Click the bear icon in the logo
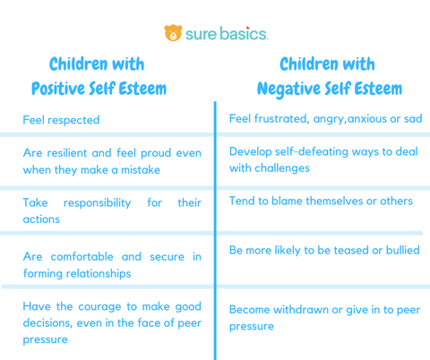click(x=173, y=33)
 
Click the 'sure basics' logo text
click(x=226, y=34)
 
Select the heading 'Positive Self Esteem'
click(x=99, y=90)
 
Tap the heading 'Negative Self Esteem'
click(x=329, y=90)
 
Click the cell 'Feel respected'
click(x=61, y=120)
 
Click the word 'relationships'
click(x=105, y=273)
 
